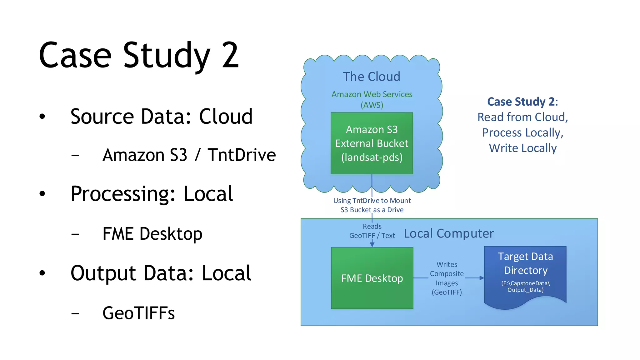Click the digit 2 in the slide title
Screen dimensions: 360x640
point(230,56)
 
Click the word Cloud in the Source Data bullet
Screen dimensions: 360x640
point(226,117)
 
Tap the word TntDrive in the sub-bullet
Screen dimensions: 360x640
point(242,155)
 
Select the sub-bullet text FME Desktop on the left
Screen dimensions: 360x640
point(152,234)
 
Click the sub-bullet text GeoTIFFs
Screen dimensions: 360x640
point(138,313)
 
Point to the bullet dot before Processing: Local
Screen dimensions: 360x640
point(42,194)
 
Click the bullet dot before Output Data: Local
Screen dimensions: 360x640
point(42,273)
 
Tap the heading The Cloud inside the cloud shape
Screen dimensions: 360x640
point(371,77)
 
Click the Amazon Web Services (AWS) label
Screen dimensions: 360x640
point(372,99)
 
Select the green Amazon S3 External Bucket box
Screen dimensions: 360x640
point(372,143)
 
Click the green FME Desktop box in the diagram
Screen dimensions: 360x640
point(372,278)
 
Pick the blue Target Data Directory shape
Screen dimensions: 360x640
point(525,275)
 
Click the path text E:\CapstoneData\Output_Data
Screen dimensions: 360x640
point(525,287)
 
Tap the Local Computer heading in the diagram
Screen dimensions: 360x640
point(449,233)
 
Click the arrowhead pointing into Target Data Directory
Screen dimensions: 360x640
point(482,278)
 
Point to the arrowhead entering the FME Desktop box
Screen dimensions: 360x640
point(372,245)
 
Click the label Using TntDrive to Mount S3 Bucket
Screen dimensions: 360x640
point(372,205)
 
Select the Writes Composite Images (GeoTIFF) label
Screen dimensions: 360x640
point(447,278)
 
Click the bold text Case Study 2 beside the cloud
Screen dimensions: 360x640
point(521,102)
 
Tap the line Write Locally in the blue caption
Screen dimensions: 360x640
point(522,148)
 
